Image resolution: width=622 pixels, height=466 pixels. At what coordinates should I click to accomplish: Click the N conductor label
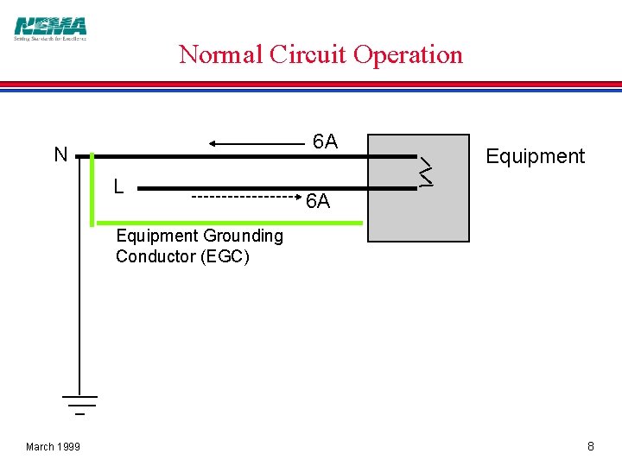click(60, 155)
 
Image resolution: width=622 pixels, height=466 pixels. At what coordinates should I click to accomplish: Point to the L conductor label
click(118, 186)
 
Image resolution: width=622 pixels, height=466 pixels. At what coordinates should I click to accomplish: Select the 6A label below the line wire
click(318, 202)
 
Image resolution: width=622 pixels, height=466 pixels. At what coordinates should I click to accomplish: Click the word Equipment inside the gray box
click(535, 156)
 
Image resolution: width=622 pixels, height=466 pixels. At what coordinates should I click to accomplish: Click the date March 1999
click(53, 446)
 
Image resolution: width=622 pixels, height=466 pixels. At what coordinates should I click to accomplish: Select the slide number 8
click(591, 446)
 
